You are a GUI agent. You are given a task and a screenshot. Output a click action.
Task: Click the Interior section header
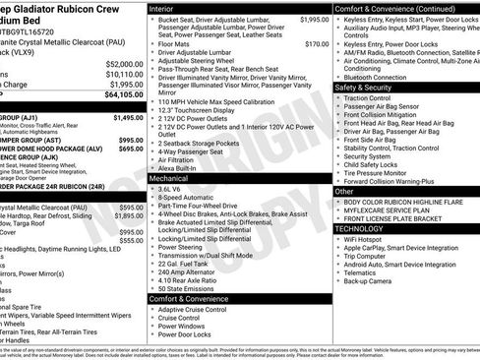point(163,7)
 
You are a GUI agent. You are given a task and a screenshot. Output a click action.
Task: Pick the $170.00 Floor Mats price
point(317,44)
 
